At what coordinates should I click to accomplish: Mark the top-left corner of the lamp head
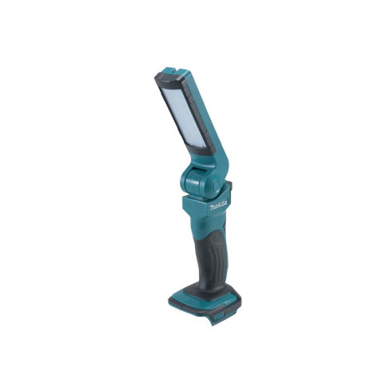[158, 76]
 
